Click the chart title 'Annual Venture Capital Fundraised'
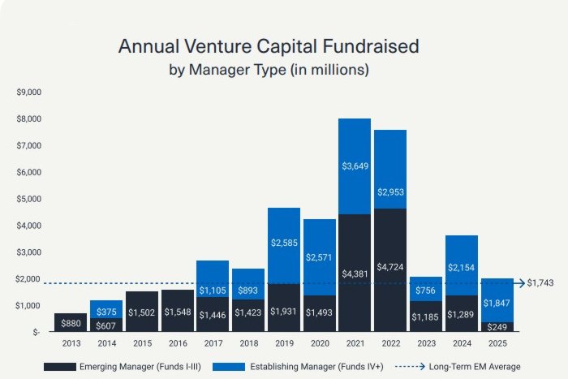tap(269, 46)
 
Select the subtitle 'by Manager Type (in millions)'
tap(269, 69)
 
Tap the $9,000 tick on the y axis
tap(28, 92)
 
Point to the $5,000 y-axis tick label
tap(28, 199)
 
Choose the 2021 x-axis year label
tap(354, 344)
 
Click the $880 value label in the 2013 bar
tap(70, 322)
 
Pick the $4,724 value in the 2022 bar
tap(389, 274)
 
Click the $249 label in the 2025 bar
tap(496, 326)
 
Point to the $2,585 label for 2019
tap(283, 242)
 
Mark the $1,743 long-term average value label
tap(540, 283)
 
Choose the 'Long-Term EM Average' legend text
tap(476, 367)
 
